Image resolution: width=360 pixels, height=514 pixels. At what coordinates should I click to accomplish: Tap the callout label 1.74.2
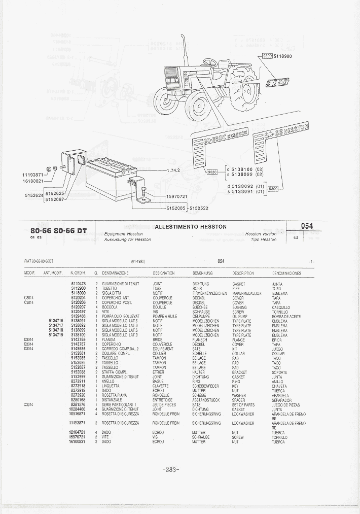[173, 170]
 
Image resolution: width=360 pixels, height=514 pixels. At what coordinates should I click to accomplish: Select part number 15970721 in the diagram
[176, 196]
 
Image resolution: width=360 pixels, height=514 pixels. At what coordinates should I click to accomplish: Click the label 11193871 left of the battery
[33, 174]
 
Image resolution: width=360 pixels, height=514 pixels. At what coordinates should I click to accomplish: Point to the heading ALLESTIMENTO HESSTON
[190, 227]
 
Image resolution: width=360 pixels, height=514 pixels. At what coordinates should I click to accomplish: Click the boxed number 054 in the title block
[306, 226]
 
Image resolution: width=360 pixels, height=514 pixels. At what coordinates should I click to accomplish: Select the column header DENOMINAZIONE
[115, 273]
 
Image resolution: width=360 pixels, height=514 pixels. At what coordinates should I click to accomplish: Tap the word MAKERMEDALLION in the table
[246, 293]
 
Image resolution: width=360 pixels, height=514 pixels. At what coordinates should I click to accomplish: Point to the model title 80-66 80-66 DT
[58, 231]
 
